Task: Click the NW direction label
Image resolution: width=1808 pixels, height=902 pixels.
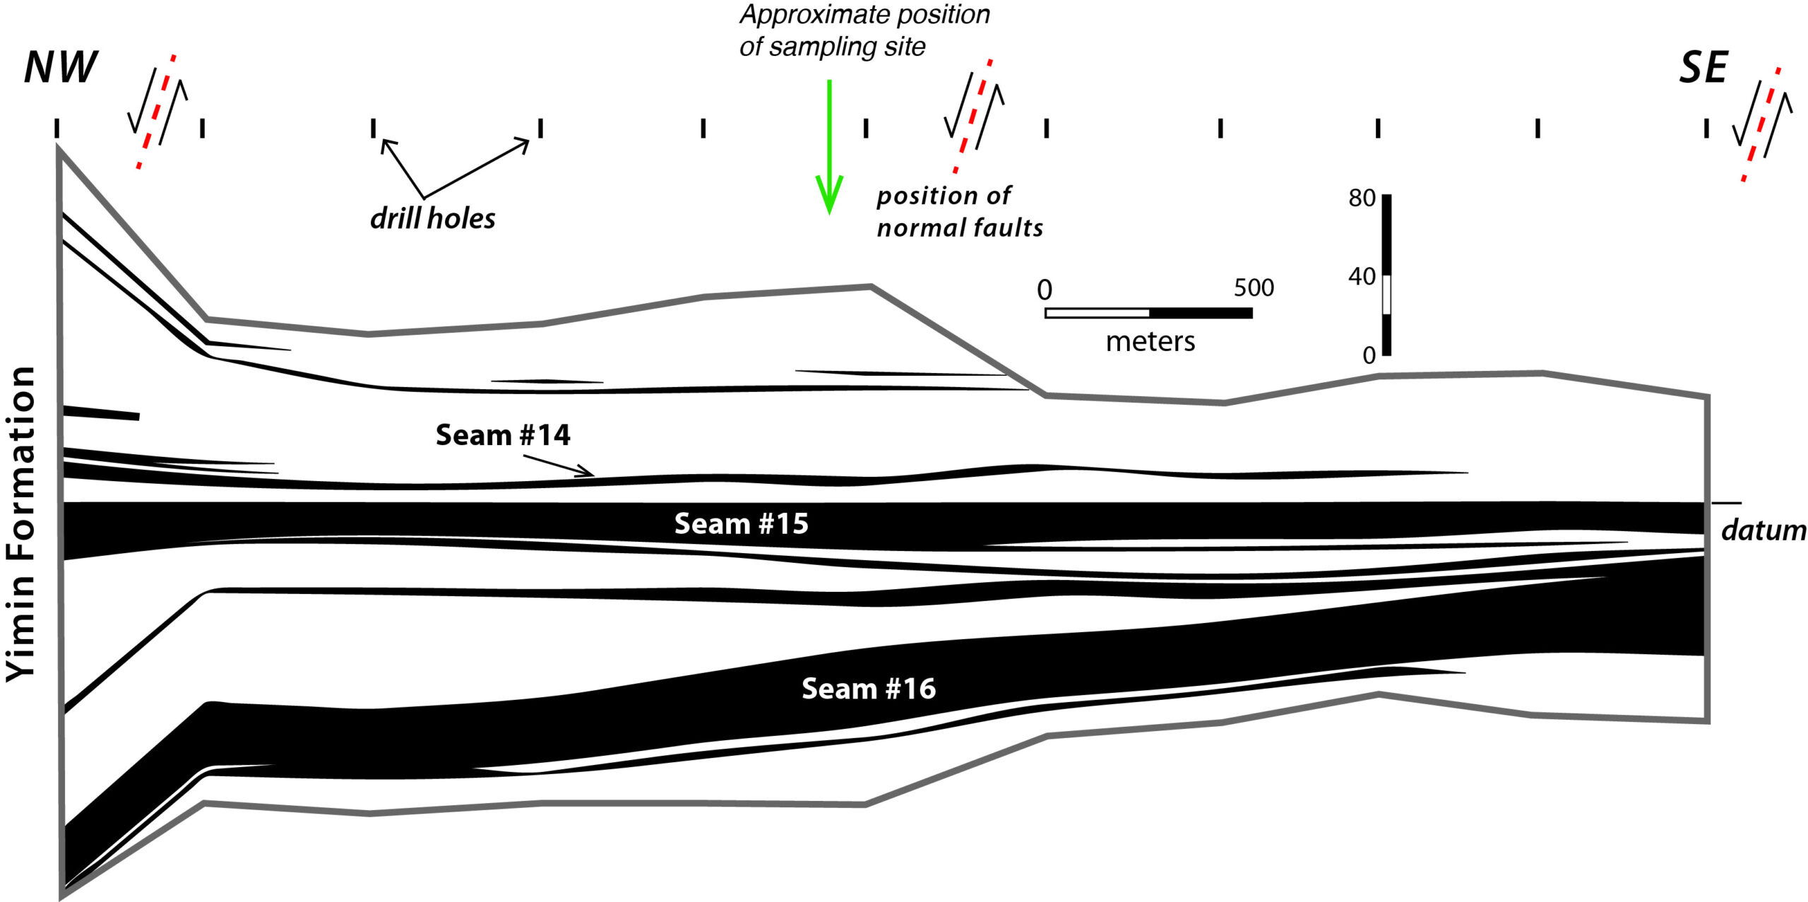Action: point(61,68)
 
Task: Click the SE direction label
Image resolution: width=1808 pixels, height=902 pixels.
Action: point(1703,69)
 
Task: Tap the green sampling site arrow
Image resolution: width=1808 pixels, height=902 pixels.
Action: point(829,146)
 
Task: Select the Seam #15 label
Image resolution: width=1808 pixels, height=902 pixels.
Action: point(741,524)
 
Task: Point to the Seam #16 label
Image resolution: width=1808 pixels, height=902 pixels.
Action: point(869,689)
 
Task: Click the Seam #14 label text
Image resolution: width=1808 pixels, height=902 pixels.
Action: point(503,435)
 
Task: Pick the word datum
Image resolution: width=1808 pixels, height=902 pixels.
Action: point(1764,530)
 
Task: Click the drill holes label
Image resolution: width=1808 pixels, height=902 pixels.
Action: point(433,218)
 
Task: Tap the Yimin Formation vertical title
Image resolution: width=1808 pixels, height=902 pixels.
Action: point(20,524)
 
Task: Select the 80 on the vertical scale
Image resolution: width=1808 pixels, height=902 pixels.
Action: point(1362,198)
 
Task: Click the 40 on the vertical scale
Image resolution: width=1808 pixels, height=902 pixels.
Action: point(1362,277)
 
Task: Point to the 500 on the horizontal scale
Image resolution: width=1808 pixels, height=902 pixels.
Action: point(1254,288)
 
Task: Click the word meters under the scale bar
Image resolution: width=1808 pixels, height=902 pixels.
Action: point(1150,342)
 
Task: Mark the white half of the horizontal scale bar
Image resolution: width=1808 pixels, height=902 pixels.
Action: point(1098,313)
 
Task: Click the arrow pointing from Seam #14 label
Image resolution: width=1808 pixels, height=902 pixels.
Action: point(559,465)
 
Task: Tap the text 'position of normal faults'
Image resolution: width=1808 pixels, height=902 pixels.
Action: point(960,212)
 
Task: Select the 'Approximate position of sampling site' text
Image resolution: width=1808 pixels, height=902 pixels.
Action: point(865,30)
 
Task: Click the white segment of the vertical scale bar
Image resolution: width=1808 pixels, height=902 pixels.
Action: point(1386,295)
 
